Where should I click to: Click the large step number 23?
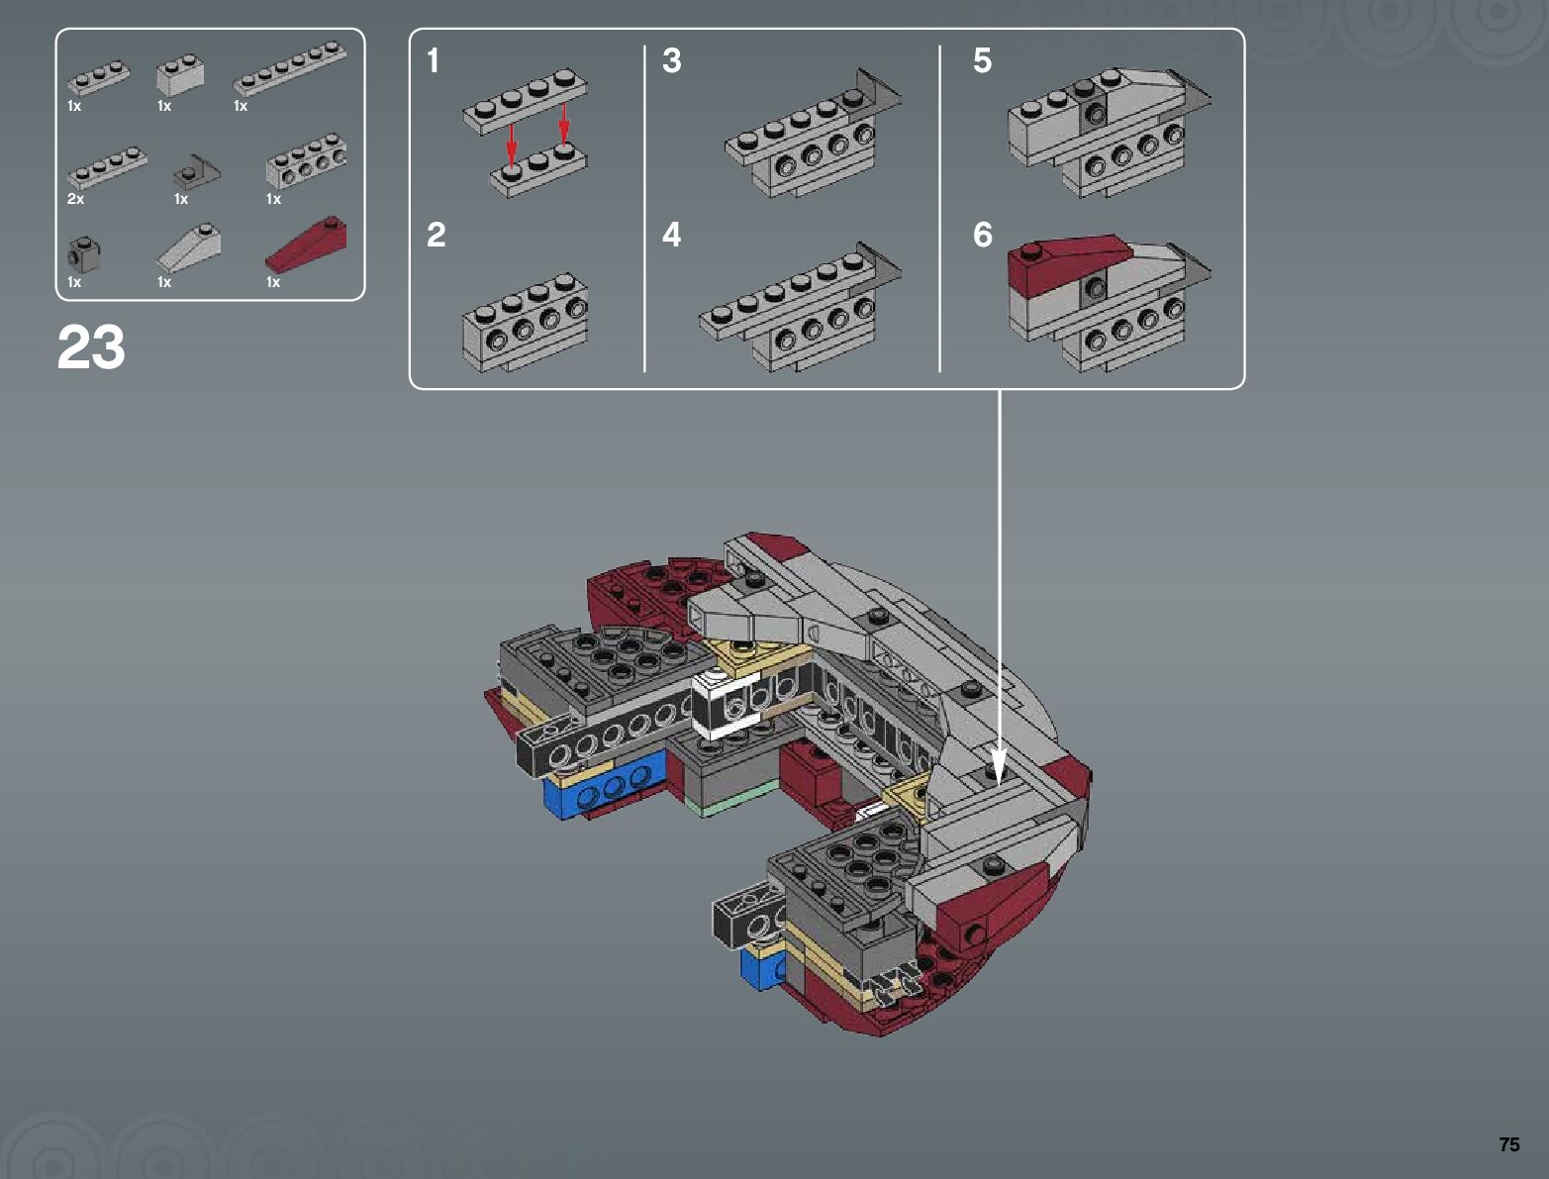point(91,346)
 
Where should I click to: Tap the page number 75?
point(1508,1143)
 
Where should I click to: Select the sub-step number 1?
point(434,60)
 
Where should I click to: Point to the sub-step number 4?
point(671,235)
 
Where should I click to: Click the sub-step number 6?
point(982,235)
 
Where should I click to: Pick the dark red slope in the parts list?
point(306,244)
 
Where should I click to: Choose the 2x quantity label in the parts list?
point(75,199)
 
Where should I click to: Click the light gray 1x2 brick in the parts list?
point(180,75)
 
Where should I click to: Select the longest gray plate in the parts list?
point(290,68)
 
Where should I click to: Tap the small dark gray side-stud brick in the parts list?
point(84,254)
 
